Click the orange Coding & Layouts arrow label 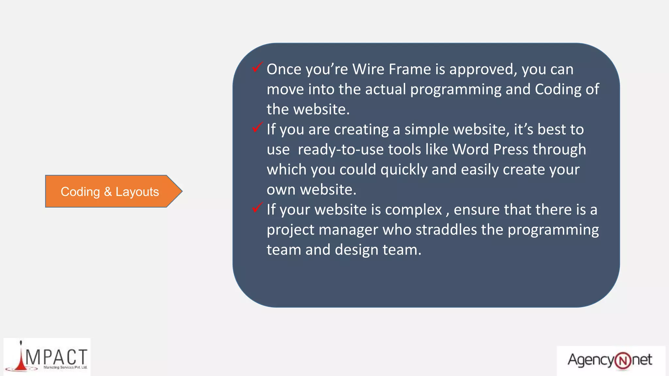(110, 192)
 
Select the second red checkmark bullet (257, 127)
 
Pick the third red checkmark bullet (257, 207)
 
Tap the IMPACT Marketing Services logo (47, 357)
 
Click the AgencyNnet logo (610, 360)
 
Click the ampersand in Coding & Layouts (108, 192)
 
